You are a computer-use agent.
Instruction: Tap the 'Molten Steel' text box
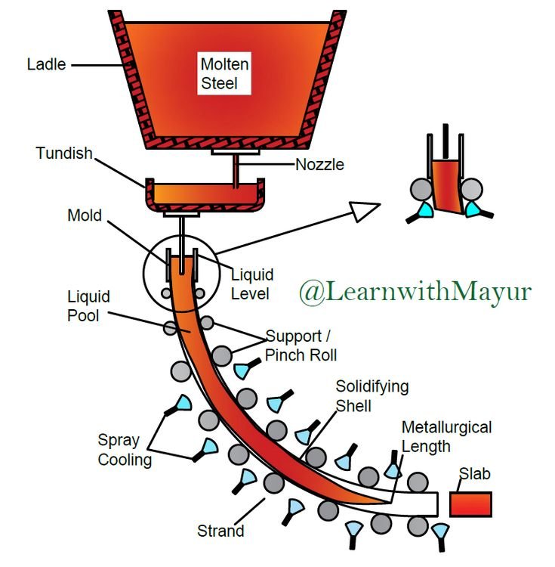click(224, 73)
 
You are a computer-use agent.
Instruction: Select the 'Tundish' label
click(64, 154)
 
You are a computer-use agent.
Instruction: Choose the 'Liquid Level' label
click(251, 283)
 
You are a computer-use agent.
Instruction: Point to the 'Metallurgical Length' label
click(446, 437)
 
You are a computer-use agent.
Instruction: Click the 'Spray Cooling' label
click(124, 450)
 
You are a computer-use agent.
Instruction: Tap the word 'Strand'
click(220, 531)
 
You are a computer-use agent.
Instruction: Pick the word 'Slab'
click(475, 474)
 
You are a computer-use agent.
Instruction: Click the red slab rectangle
click(470, 504)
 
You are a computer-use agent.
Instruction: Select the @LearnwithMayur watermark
click(414, 292)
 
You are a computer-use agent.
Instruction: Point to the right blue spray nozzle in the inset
click(474, 207)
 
